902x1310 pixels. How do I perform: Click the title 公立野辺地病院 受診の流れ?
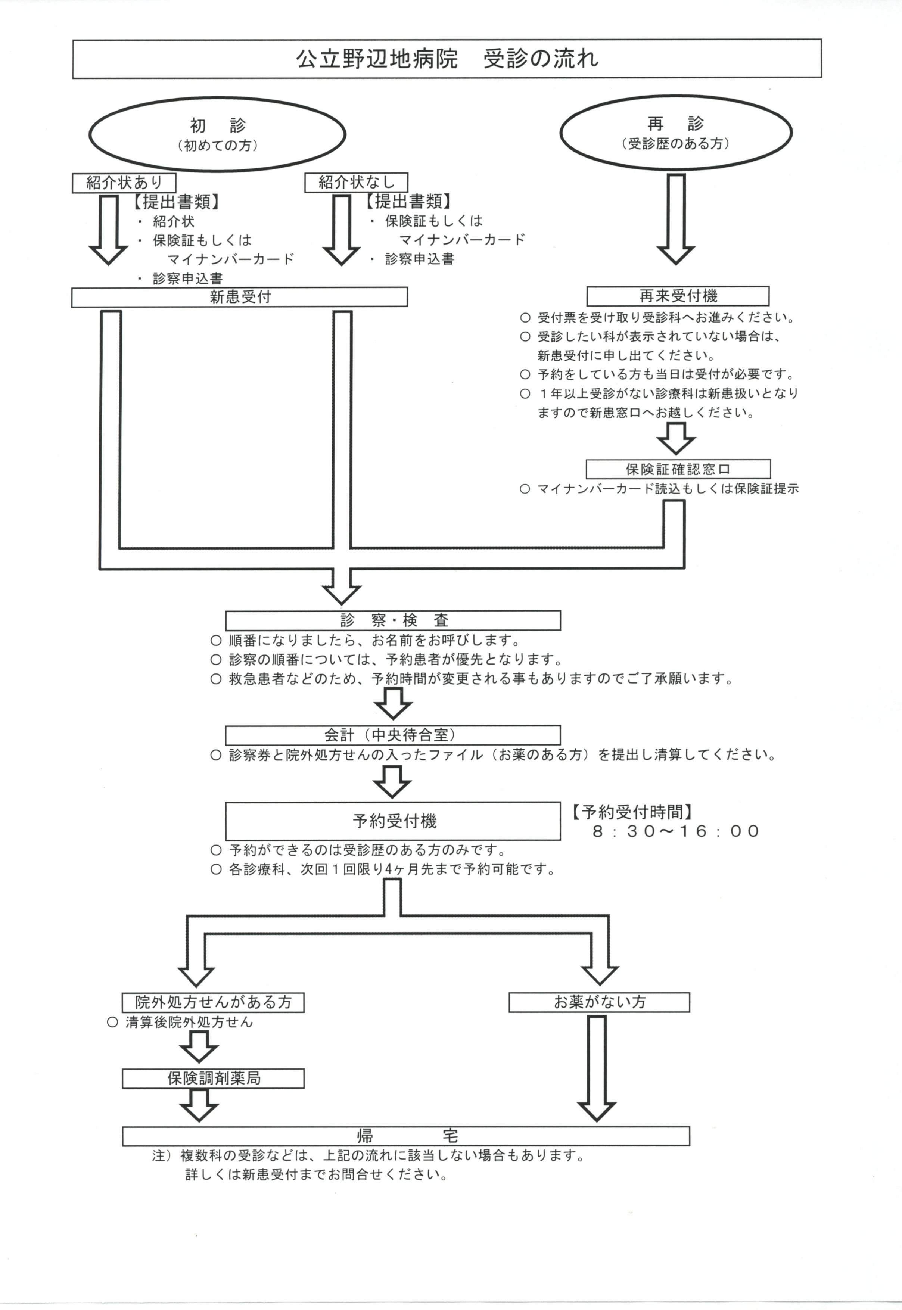tap(447, 59)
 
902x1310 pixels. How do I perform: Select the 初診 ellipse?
tap(217, 134)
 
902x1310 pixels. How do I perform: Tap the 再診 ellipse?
tap(675, 132)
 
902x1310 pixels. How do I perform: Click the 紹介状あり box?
tap(124, 183)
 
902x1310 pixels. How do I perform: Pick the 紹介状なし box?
tap(356, 182)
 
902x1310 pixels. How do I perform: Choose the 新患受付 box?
tap(240, 297)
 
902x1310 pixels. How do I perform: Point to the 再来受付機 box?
tap(678, 296)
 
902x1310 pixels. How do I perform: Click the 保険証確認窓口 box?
tap(678, 469)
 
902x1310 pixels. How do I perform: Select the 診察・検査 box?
tap(393, 620)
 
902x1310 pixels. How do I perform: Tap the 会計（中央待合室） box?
tap(393, 735)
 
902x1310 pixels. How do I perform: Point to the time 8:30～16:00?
tap(675, 831)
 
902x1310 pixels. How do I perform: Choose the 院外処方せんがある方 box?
tap(213, 1002)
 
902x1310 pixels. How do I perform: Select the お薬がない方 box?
tap(599, 1002)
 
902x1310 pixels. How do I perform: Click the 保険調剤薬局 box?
tap(213, 1078)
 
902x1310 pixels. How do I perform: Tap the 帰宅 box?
tap(406, 1136)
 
